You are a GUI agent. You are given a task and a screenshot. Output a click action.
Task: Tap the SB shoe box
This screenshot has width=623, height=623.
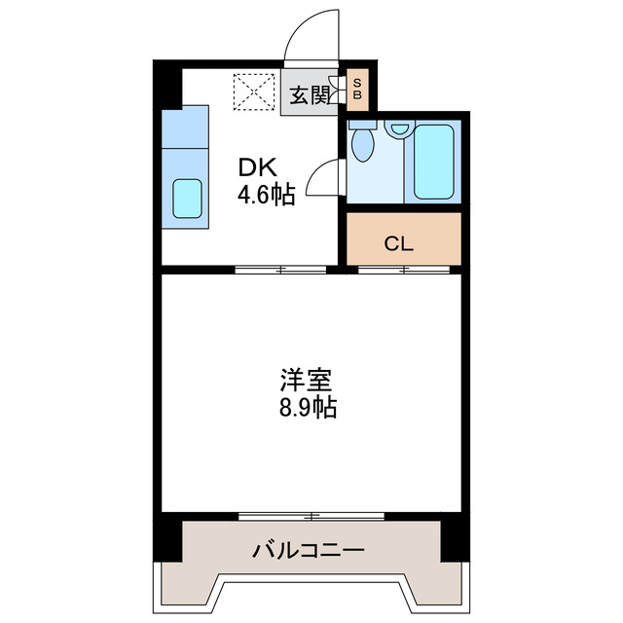(357, 90)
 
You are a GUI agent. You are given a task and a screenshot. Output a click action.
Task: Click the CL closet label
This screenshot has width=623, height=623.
(399, 243)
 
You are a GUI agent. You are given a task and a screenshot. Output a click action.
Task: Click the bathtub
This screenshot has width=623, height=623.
(434, 161)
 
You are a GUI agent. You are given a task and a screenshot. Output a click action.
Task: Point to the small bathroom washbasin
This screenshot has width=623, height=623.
(398, 128)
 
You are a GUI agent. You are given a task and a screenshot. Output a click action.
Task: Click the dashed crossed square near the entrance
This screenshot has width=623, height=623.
(253, 93)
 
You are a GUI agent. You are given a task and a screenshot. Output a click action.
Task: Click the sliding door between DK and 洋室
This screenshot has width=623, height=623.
(279, 270)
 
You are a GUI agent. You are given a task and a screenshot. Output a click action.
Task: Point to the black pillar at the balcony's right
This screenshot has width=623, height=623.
(453, 538)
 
